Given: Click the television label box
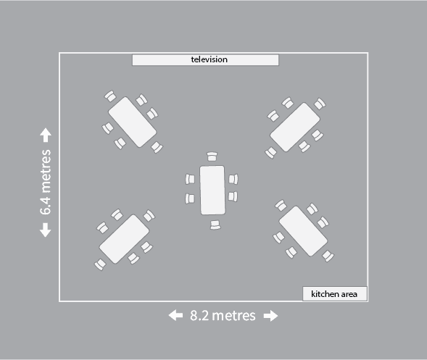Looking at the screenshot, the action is click(205, 60).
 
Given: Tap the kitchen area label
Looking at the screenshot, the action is click(335, 293).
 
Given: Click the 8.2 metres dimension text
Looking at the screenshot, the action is click(223, 316).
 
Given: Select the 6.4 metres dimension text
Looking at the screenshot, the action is click(46, 182).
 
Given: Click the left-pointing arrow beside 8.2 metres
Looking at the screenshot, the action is click(175, 316).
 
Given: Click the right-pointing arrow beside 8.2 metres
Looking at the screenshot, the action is click(270, 316).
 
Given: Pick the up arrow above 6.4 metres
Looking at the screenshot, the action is click(46, 135).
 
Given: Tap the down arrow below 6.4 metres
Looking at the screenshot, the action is click(46, 230).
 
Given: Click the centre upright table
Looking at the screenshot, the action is click(212, 191).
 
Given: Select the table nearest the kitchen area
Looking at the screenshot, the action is click(303, 231).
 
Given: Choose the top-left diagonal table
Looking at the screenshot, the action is click(133, 122).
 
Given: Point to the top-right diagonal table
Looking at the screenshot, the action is click(295, 127).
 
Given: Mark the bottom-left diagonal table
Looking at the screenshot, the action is click(124, 239).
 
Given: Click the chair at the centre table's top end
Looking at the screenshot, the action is click(212, 156).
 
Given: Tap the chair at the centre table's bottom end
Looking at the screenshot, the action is click(215, 225).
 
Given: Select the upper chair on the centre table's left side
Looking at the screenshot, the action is click(190, 179).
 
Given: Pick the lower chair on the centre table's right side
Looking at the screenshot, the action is click(233, 196).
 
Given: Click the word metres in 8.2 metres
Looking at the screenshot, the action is click(233, 316).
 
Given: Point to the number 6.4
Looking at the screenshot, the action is click(46, 205).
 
